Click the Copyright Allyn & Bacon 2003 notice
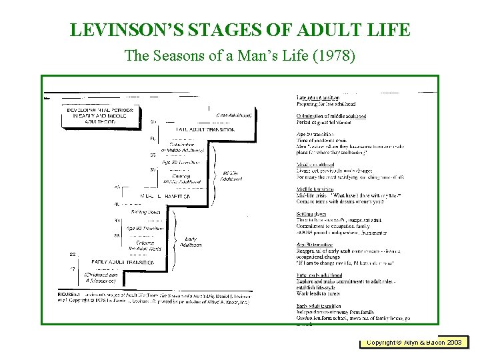(x=414, y=342)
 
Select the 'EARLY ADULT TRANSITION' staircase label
(x=123, y=263)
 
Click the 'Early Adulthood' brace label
(x=190, y=241)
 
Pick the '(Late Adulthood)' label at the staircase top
(x=233, y=115)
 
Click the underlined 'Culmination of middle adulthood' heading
(x=331, y=116)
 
